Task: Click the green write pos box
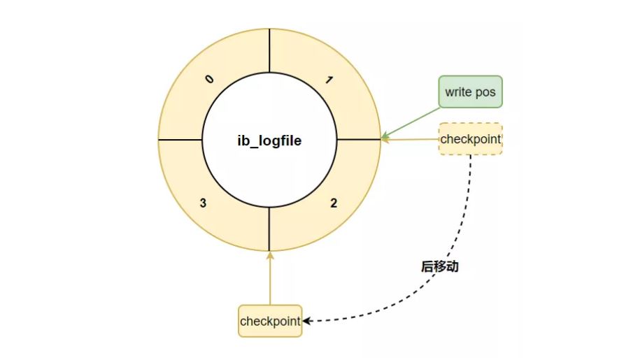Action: [470, 92]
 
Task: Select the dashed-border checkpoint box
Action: [470, 138]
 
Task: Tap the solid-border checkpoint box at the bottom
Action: [270, 321]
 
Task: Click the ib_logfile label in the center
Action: [269, 141]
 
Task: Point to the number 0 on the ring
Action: [209, 79]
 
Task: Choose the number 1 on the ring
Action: [329, 80]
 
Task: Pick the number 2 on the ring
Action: [334, 203]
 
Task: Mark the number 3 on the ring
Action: [203, 203]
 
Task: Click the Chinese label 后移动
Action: [439, 266]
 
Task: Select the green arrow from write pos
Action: [410, 123]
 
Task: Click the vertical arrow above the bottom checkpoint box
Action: [270, 278]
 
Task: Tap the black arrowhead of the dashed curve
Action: [307, 321]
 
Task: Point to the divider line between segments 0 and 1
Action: [269, 51]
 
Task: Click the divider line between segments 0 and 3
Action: [180, 140]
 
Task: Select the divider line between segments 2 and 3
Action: [269, 229]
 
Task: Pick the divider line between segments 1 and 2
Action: [359, 139]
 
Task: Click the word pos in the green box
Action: [485, 92]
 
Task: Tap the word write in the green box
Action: [458, 92]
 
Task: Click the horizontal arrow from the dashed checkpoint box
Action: [410, 139]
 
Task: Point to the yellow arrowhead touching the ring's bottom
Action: [270, 255]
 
